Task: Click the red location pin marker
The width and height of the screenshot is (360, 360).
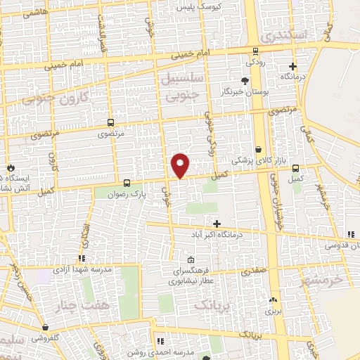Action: (181, 165)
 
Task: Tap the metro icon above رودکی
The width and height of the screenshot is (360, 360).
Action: (255, 51)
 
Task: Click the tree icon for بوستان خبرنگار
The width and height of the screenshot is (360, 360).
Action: (244, 80)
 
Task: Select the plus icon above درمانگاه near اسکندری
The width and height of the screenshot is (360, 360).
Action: (293, 66)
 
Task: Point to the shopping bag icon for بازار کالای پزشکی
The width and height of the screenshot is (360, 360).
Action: (259, 149)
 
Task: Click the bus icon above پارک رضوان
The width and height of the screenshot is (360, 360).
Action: (127, 181)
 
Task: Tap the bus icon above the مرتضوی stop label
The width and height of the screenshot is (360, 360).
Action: (110, 122)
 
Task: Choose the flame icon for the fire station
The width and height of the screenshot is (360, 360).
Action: (11, 167)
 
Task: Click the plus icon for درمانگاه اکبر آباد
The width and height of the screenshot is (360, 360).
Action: (217, 223)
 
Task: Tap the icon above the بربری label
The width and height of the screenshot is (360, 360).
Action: (273, 300)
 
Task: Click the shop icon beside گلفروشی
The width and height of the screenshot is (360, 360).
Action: (46, 327)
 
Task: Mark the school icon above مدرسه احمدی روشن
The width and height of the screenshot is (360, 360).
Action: (160, 342)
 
